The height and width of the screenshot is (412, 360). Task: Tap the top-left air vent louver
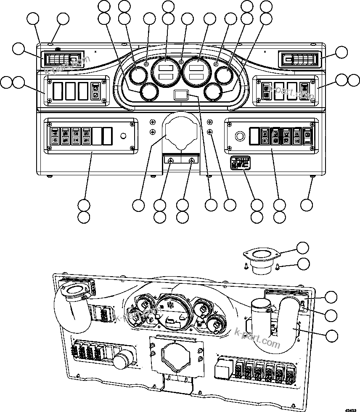(62, 59)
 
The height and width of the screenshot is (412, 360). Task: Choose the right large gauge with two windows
(196, 71)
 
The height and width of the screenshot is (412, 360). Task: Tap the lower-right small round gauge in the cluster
(213, 92)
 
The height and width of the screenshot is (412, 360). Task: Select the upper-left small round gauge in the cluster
(137, 76)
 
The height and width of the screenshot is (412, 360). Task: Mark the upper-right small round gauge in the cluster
(224, 76)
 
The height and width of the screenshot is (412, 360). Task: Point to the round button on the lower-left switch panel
(123, 136)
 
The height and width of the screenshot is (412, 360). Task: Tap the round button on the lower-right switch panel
(240, 136)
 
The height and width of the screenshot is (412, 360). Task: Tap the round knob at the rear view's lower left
(121, 360)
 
